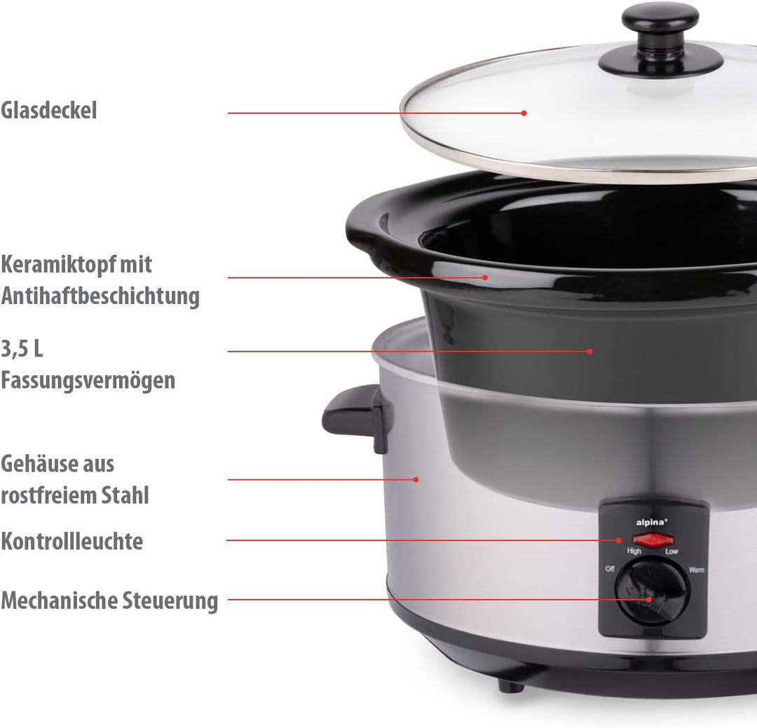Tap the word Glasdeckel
click(49, 110)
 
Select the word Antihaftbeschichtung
click(100, 296)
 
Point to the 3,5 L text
click(22, 348)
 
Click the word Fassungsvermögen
click(88, 380)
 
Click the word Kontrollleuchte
click(71, 541)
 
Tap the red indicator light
click(653, 540)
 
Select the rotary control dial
click(653, 592)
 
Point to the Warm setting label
click(697, 570)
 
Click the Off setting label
click(610, 569)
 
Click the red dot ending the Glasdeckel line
click(524, 113)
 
